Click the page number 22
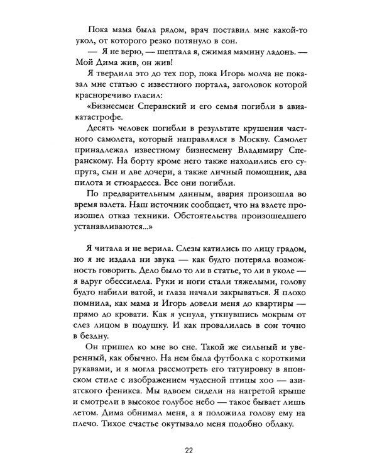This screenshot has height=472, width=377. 188,450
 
